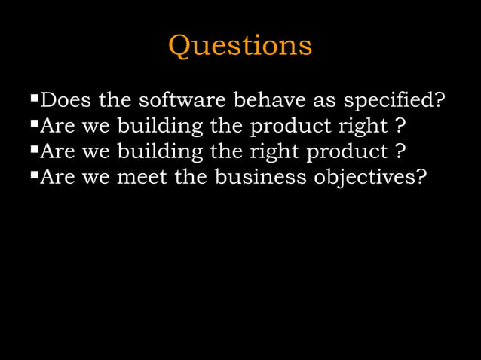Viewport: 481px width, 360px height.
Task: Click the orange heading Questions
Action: (240, 46)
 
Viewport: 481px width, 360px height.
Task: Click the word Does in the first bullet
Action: (66, 99)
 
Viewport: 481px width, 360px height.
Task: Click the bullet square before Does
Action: (33, 98)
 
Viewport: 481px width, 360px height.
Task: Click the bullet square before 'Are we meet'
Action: (33, 177)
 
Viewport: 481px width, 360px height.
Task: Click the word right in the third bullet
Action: (280, 153)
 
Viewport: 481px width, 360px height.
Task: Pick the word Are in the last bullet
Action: (57, 178)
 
